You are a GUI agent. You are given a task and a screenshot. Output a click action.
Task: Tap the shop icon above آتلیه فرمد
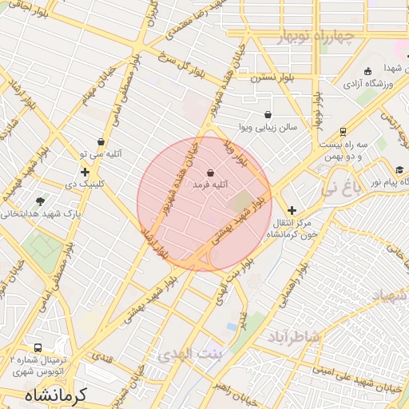tap(210, 173)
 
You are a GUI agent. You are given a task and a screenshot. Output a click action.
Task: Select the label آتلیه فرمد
tap(210, 185)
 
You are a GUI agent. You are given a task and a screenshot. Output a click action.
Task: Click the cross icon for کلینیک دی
tap(85, 172)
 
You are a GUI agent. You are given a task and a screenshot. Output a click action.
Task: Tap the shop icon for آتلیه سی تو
tap(101, 141)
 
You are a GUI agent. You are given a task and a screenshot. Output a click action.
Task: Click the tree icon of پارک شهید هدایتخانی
tap(41, 201)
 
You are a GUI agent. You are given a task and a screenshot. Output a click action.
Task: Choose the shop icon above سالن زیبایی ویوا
tap(267, 115)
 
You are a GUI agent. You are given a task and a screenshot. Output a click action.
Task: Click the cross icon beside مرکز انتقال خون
tap(292, 209)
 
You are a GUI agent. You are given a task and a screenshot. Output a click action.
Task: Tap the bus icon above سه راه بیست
tap(343, 132)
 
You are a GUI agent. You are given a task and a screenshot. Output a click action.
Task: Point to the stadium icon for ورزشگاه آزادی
tap(367, 71)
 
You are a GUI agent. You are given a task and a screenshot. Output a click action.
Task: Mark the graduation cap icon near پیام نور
tap(399, 170)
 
